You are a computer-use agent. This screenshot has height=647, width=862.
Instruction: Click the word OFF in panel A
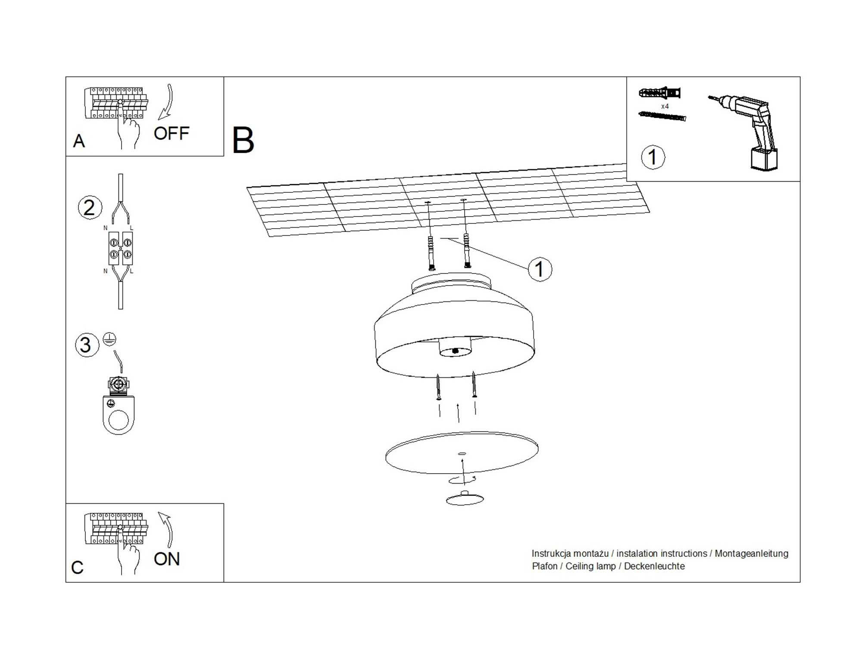171,134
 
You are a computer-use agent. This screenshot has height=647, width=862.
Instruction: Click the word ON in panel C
166,559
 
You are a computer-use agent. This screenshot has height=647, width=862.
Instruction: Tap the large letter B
243,141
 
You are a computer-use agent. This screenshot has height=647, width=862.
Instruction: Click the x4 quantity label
665,106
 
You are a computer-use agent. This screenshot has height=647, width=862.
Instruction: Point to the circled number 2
90,208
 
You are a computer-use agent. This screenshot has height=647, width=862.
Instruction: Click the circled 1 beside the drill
653,157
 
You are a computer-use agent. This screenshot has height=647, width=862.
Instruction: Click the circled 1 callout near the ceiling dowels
540,270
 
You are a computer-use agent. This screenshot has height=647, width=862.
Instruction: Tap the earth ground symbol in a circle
109,339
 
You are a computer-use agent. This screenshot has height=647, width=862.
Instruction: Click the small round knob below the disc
465,498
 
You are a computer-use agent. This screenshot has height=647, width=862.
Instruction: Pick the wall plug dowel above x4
659,93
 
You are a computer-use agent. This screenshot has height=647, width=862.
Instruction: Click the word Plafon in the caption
544,566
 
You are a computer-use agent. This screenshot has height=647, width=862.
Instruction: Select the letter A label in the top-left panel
79,141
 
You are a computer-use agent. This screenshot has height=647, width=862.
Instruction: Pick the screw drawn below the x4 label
662,116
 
